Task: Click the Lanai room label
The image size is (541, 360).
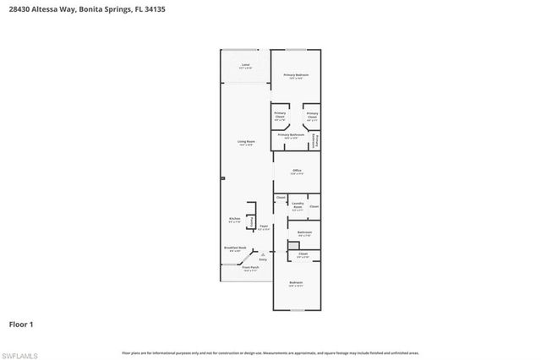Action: [x=246, y=65]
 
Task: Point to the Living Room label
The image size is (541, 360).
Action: [x=246, y=144]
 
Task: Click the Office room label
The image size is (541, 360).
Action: [x=297, y=172]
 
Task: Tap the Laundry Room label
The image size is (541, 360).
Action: [x=298, y=205]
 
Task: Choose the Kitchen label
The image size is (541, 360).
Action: [x=235, y=220]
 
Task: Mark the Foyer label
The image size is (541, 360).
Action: [x=264, y=227]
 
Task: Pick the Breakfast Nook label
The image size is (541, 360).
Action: [x=235, y=248]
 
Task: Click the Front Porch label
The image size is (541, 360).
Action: [x=250, y=269]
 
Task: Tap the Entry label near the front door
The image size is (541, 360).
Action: [x=263, y=260]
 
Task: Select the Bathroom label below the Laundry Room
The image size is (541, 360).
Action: [x=305, y=233]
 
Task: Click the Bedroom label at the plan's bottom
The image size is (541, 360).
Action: [x=296, y=284]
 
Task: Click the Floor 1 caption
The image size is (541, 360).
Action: [x=20, y=325]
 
